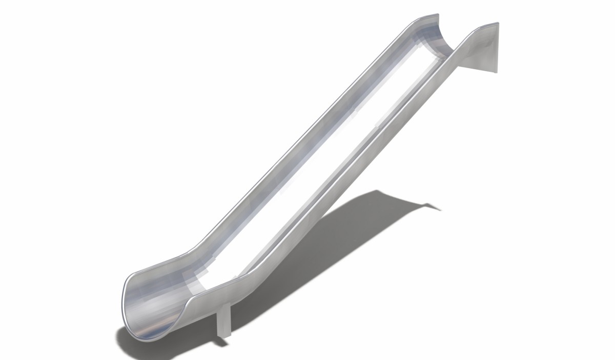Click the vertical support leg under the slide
click(x=224, y=320)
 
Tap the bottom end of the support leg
click(x=224, y=335)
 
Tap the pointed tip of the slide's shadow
click(x=440, y=208)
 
